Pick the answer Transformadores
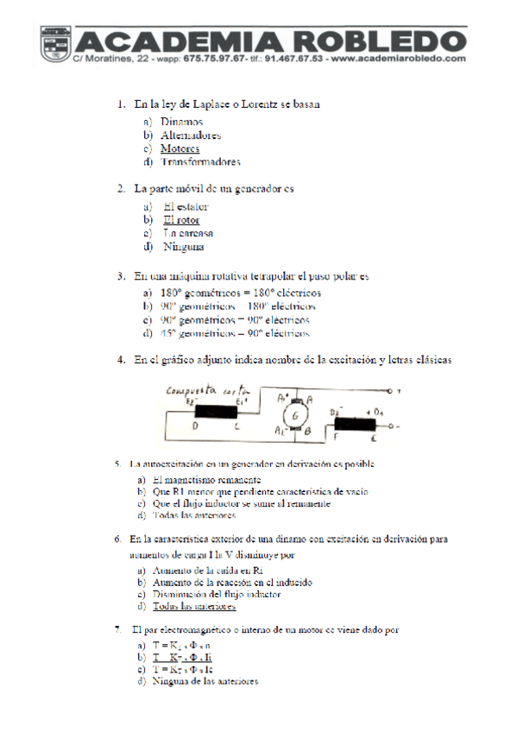click(x=200, y=161)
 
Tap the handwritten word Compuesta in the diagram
click(x=192, y=389)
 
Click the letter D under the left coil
click(x=195, y=426)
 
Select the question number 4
click(x=122, y=359)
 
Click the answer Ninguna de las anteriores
click(x=205, y=682)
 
